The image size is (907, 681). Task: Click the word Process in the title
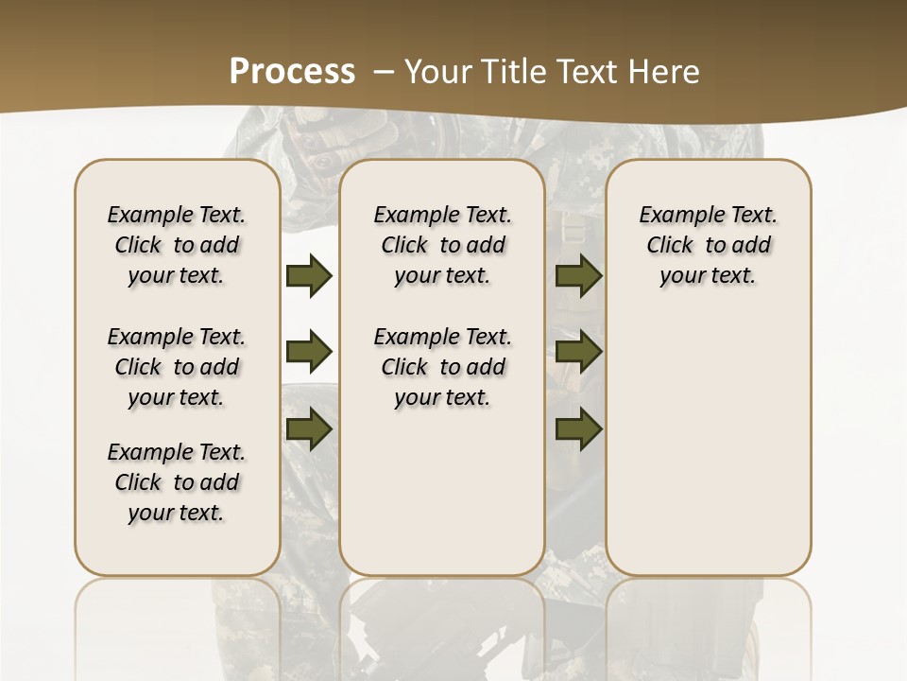click(292, 72)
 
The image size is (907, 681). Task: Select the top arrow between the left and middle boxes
click(309, 276)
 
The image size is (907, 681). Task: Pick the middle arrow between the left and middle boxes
click(309, 353)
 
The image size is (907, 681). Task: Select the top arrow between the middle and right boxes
click(578, 276)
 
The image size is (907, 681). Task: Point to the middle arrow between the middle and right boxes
click(578, 353)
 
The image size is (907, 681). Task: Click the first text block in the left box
click(177, 245)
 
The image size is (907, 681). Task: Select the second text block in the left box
click(177, 367)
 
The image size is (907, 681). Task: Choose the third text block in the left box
click(177, 482)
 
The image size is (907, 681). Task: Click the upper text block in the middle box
click(442, 245)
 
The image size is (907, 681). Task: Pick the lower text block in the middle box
click(442, 367)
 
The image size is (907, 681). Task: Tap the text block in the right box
click(708, 245)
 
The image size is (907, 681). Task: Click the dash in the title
click(384, 72)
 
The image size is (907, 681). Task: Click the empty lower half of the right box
click(708, 454)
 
